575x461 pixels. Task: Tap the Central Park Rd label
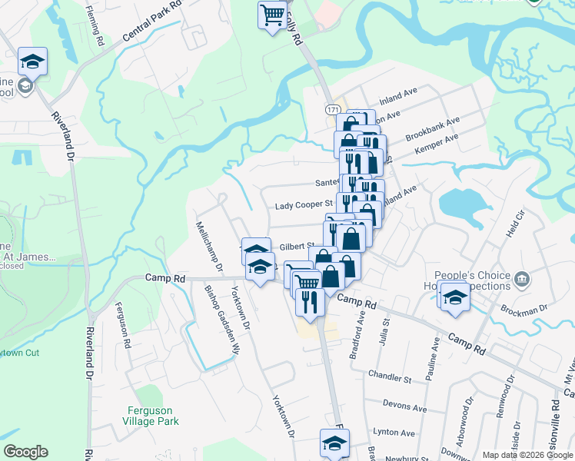pyautogui.click(x=151, y=21)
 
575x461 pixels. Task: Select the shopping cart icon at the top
pyautogui.click(x=272, y=15)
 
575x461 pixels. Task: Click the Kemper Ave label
pyautogui.click(x=436, y=141)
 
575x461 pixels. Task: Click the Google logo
pyautogui.click(x=25, y=452)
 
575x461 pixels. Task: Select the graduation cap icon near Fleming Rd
pyautogui.click(x=32, y=60)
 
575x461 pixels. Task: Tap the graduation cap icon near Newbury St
pyautogui.click(x=334, y=443)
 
